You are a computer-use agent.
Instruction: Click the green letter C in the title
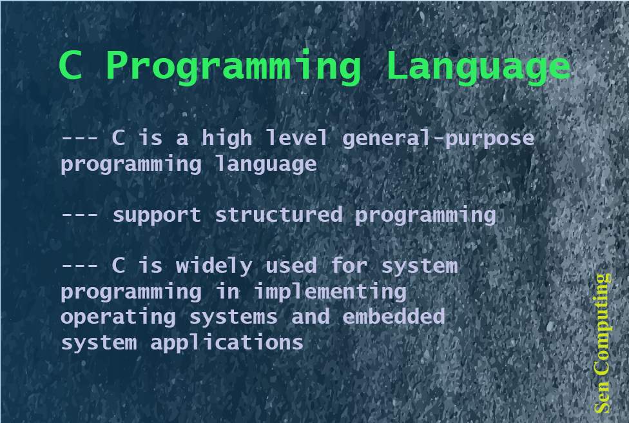[70, 66]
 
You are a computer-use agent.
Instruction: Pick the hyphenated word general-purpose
[438, 139]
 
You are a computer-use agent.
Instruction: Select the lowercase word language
[266, 164]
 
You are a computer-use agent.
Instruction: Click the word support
[157, 215]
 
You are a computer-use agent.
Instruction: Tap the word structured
[278, 215]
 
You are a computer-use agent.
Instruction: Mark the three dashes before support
[80, 215]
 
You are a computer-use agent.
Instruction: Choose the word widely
[214, 266]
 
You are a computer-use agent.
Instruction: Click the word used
[291, 266]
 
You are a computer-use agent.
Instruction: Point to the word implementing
[329, 292]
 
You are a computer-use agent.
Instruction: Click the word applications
[227, 343]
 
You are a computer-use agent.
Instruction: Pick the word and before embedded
[310, 317]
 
